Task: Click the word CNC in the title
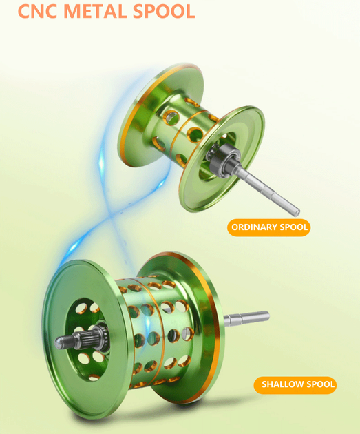pyautogui.click(x=38, y=11)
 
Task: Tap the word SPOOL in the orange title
pyautogui.click(x=164, y=11)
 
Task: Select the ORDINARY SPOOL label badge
pyautogui.click(x=268, y=227)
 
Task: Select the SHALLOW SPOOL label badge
pyautogui.click(x=295, y=384)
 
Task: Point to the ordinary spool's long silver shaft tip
pyautogui.click(x=296, y=211)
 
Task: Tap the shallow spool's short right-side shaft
pyautogui.click(x=246, y=318)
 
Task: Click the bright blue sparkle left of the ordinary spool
pyautogui.click(x=102, y=163)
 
